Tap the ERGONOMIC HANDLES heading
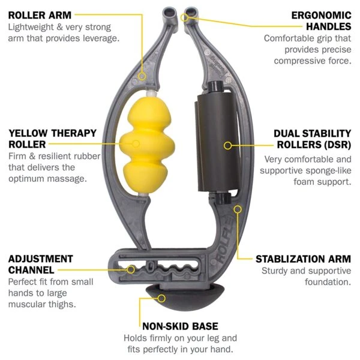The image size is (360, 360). [320, 20]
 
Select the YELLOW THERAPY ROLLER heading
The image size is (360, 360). [52, 139]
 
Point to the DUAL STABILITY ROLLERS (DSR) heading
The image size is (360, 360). [313, 139]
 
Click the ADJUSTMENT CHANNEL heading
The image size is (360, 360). [41, 265]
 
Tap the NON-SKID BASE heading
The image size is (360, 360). [179, 326]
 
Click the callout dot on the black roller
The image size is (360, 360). [227, 145]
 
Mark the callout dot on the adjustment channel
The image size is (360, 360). [131, 269]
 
